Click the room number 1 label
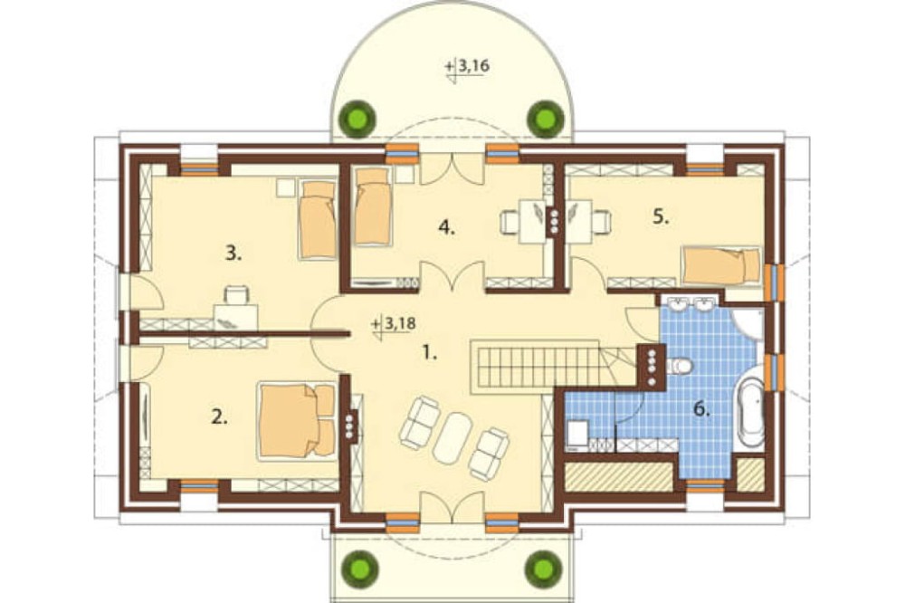click(x=429, y=351)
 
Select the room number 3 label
click(x=233, y=253)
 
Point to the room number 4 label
click(x=447, y=227)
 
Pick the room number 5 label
click(x=661, y=216)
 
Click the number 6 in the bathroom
click(x=701, y=409)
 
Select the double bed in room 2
click(x=298, y=420)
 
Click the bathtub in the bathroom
click(x=751, y=411)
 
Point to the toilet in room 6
click(x=680, y=366)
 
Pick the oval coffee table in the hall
click(x=453, y=437)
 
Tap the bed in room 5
click(x=721, y=265)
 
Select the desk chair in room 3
click(x=237, y=295)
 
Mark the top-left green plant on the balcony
click(x=357, y=118)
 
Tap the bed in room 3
click(x=318, y=219)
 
